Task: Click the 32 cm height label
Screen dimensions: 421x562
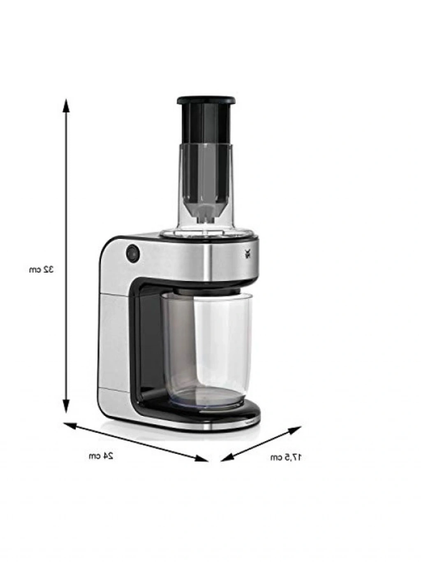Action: click(x=41, y=269)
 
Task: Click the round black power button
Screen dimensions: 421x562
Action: click(x=133, y=253)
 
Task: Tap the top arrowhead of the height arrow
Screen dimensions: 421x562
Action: click(x=66, y=105)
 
